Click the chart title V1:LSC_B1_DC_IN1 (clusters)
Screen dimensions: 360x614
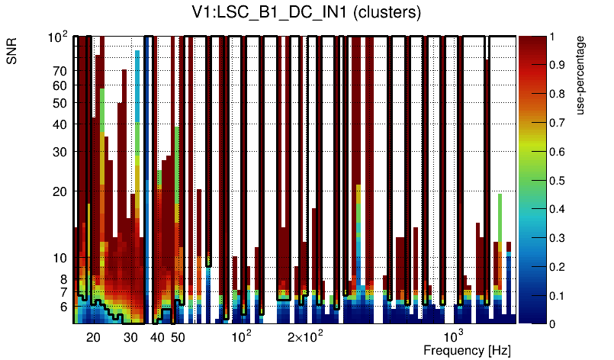click(x=306, y=13)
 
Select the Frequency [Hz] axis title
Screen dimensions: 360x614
click(x=467, y=350)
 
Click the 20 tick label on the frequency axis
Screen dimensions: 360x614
click(x=93, y=337)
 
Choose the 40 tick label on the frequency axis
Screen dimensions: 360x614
click(x=157, y=337)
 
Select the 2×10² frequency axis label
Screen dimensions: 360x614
click(x=304, y=336)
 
